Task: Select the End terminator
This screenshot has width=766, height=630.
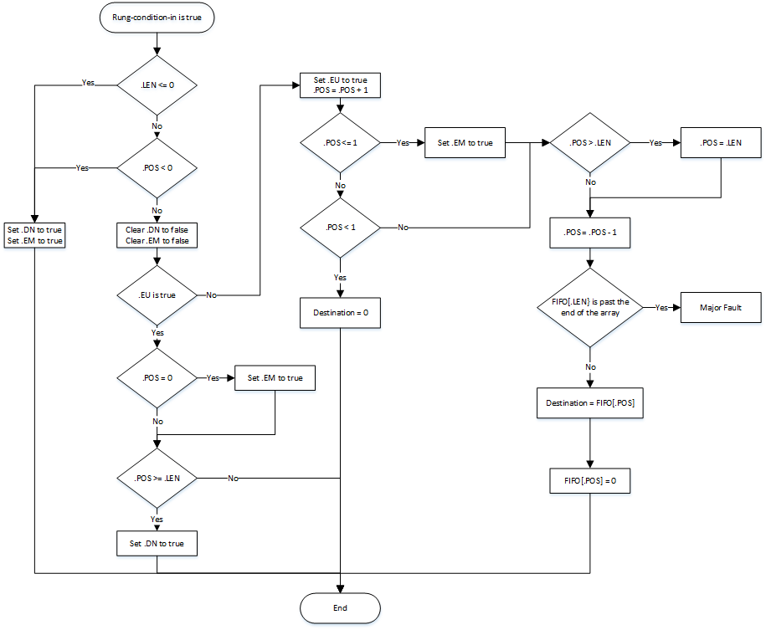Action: [x=340, y=607]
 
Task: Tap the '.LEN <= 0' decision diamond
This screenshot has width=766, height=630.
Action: [x=157, y=85]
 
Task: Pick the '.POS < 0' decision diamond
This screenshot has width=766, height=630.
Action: [x=157, y=167]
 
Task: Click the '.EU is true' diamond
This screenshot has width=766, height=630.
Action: [x=157, y=295]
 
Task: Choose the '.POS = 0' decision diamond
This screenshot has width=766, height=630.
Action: [x=157, y=378]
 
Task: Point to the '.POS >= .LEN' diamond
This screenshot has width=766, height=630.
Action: [x=157, y=478]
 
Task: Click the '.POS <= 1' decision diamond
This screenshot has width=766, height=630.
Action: [x=340, y=143]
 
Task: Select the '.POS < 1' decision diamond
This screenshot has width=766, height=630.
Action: [x=340, y=227]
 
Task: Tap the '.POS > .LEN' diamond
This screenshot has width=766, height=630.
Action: [x=590, y=143]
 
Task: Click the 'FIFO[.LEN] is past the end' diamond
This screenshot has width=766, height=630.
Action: [x=590, y=307]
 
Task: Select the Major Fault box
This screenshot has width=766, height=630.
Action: [x=721, y=307]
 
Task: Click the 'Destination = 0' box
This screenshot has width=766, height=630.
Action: [x=340, y=312]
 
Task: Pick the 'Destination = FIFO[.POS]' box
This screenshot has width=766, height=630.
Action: [x=590, y=402]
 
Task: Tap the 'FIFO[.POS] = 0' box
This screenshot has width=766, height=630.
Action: [x=590, y=482]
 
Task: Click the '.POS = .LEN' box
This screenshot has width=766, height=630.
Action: [x=721, y=143]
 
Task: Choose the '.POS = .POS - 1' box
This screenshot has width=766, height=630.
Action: [x=590, y=232]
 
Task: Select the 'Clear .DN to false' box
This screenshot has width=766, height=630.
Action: [x=157, y=234]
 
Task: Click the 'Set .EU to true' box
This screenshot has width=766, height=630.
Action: [x=340, y=85]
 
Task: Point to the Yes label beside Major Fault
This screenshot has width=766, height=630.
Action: [x=662, y=307]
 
